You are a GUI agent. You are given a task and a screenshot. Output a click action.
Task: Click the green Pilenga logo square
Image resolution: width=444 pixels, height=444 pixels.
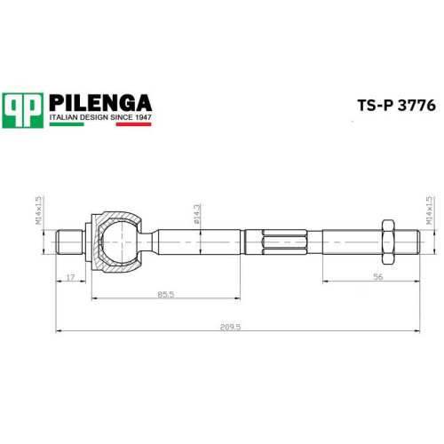tap(23, 110)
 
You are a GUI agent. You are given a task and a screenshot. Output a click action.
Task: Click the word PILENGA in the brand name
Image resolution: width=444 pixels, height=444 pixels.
tap(100, 103)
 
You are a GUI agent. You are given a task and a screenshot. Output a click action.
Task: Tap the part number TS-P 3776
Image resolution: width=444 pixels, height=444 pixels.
tap(397, 106)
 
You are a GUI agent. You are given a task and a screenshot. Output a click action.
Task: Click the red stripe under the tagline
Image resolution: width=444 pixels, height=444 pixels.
tap(133, 124)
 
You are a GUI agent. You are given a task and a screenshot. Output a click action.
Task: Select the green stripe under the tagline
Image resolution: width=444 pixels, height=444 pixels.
tap(67, 124)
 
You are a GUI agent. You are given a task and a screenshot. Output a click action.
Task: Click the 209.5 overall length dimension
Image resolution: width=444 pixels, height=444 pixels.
tap(231, 327)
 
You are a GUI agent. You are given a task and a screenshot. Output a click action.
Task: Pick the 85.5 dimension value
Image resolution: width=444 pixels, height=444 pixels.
tap(166, 295)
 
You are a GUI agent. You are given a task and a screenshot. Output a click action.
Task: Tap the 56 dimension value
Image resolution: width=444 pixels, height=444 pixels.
tap(378, 277)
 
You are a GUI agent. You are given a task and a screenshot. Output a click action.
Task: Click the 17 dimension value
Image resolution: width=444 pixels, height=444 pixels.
tap(70, 278)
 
